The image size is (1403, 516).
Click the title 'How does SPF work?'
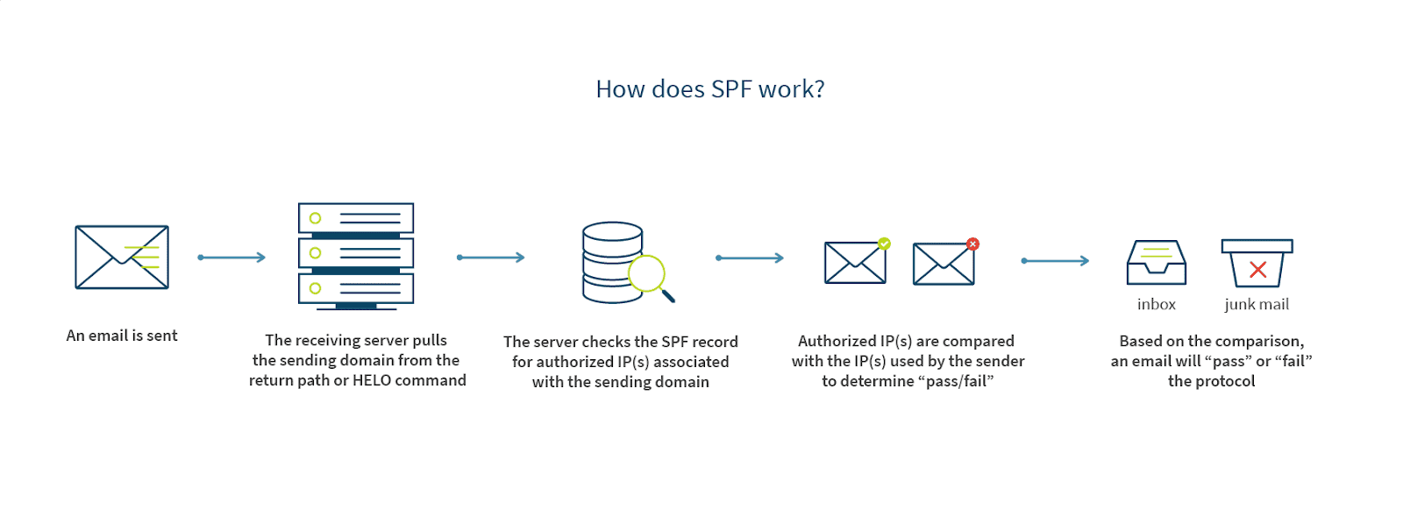[709, 89]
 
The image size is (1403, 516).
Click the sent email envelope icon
[121, 257]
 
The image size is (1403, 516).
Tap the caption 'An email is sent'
[122, 336]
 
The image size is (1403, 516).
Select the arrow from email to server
[231, 258]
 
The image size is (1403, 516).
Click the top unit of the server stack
[355, 218]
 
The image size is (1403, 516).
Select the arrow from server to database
[490, 258]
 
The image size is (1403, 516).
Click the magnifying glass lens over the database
[647, 273]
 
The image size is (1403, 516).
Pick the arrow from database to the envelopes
[749, 258]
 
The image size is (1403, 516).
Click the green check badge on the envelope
[884, 244]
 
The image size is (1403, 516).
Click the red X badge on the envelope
[972, 244]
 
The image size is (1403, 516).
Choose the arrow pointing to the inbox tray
[1055, 261]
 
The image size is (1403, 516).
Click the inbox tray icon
[1156, 263]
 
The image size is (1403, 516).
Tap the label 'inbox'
[1156, 305]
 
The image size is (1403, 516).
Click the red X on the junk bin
[1257, 270]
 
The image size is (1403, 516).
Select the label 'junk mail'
[1256, 305]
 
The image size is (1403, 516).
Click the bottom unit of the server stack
[355, 288]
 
